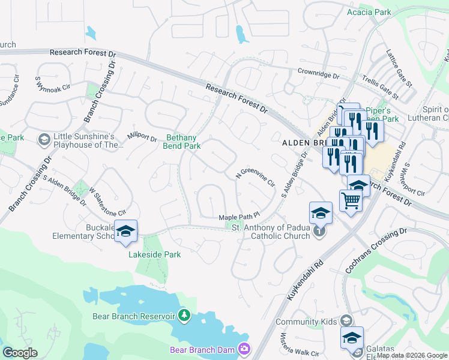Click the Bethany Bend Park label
(x=182, y=142)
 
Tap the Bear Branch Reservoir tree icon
(x=185, y=315)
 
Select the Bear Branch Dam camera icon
(x=244, y=349)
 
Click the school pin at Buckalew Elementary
(x=126, y=232)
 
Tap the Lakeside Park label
(x=155, y=254)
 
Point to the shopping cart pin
(x=351, y=202)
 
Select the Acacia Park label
(x=369, y=12)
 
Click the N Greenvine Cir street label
(x=255, y=175)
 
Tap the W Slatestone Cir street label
(x=107, y=202)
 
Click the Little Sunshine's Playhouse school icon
(x=44, y=140)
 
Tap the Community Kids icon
(x=345, y=321)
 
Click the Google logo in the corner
(x=20, y=353)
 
